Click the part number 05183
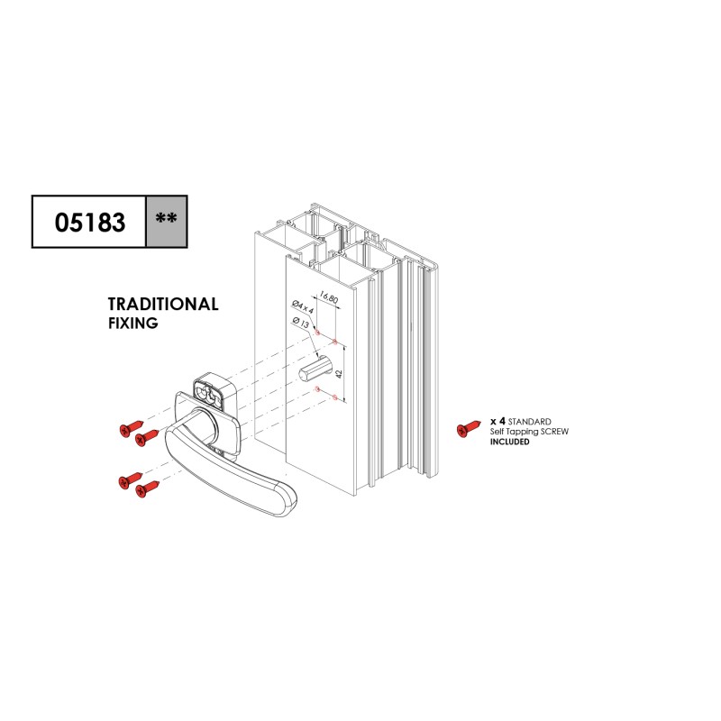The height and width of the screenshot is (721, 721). [90, 222]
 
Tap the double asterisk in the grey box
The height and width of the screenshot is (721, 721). [166, 218]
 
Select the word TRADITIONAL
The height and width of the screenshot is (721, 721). [163, 305]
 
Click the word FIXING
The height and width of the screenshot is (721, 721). [132, 324]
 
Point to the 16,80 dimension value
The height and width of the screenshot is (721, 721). [329, 297]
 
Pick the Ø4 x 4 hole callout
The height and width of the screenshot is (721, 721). [303, 306]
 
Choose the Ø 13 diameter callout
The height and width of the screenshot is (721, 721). [301, 323]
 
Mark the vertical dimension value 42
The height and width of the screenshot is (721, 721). [340, 374]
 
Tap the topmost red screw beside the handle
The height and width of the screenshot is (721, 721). [132, 428]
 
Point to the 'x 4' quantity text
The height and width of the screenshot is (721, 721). [498, 421]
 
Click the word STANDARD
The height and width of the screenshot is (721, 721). [529, 422]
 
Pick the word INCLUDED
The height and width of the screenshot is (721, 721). [509, 442]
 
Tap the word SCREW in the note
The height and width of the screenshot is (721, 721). [554, 432]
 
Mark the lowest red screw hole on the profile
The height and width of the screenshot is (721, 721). [334, 397]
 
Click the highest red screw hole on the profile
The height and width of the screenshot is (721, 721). [317, 332]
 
